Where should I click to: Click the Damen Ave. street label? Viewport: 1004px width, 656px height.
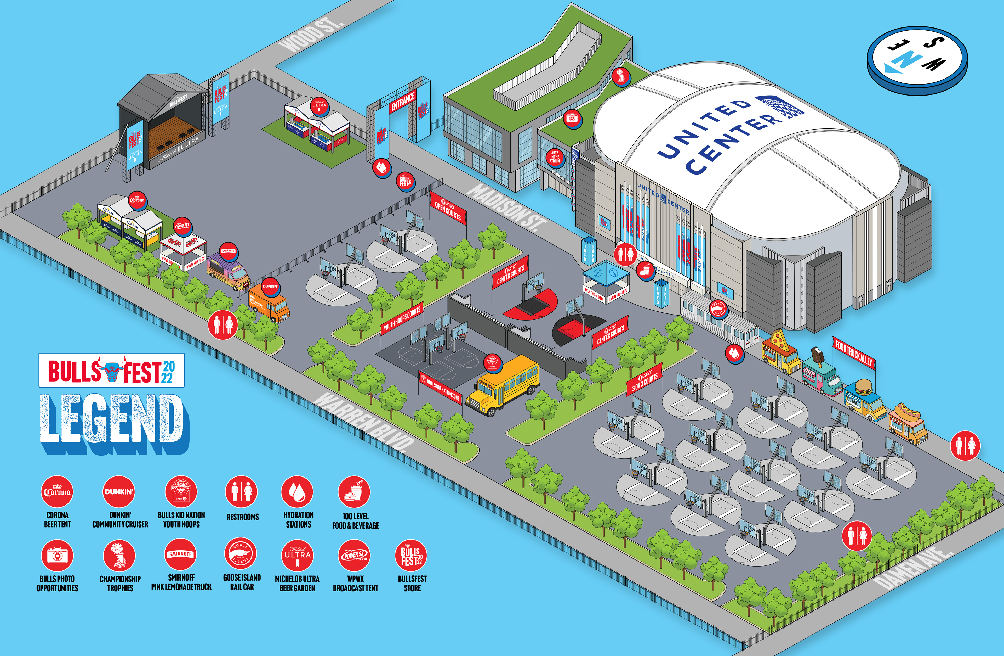911,568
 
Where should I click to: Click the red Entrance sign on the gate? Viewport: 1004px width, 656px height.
403,101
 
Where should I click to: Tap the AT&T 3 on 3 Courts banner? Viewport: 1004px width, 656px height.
644,379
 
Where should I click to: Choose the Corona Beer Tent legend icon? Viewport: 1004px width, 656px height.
57,492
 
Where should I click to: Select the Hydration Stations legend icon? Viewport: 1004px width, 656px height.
297,492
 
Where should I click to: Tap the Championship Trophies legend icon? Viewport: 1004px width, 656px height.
119,555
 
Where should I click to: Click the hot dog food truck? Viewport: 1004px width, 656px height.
907,424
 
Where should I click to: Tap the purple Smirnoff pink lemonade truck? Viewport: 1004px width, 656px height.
228,272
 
